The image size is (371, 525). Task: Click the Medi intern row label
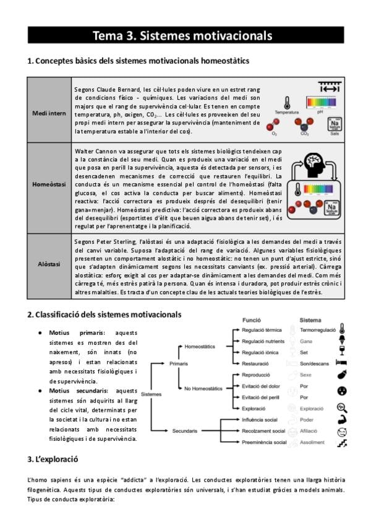49,113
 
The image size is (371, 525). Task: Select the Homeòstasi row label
49,184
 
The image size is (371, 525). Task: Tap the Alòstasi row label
49,264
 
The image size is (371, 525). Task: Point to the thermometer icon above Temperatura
286,103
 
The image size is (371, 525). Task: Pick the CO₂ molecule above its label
304,124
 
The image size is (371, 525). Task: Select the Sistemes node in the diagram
151,394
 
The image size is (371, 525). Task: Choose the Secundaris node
185,430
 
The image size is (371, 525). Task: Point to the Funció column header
252,321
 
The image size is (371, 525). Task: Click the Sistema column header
310,321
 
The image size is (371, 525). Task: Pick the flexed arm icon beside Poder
342,419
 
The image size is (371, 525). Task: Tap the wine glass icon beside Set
342,352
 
